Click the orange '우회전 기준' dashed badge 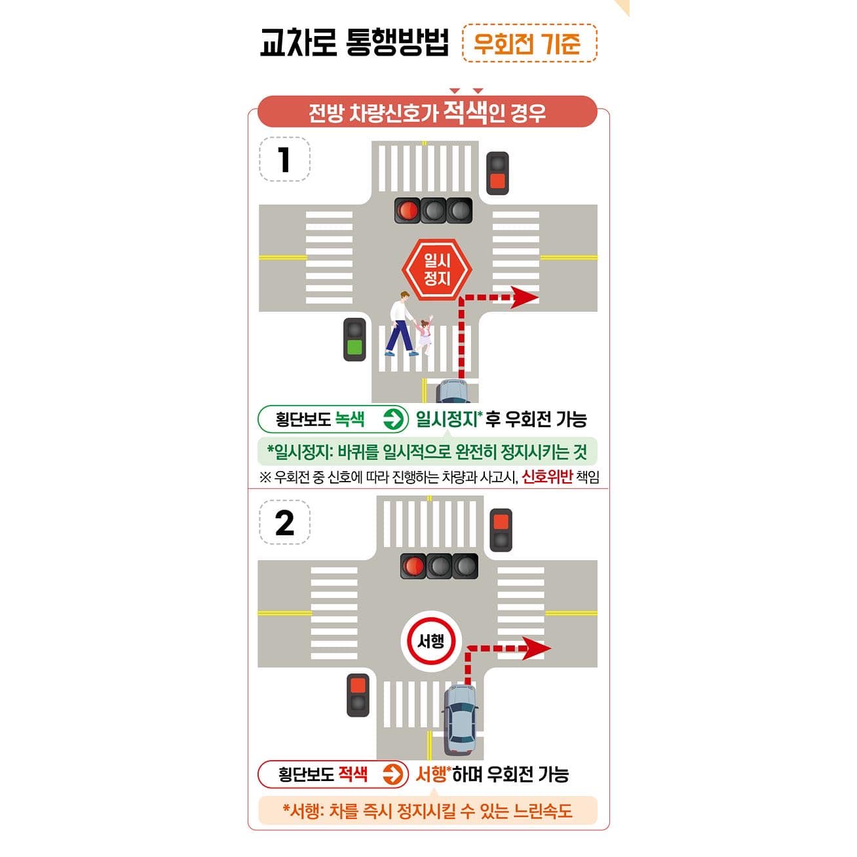point(529,43)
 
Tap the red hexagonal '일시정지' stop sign point(436,270)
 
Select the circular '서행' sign point(430,641)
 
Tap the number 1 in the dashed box point(284,159)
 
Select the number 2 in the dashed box point(284,523)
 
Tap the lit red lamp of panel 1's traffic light point(407,210)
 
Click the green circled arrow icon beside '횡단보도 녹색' point(392,419)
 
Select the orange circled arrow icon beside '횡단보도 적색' point(392,774)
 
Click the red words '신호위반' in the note point(546,477)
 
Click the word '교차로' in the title point(298,43)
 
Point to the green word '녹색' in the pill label point(350,419)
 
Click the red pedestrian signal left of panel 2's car point(358,695)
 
